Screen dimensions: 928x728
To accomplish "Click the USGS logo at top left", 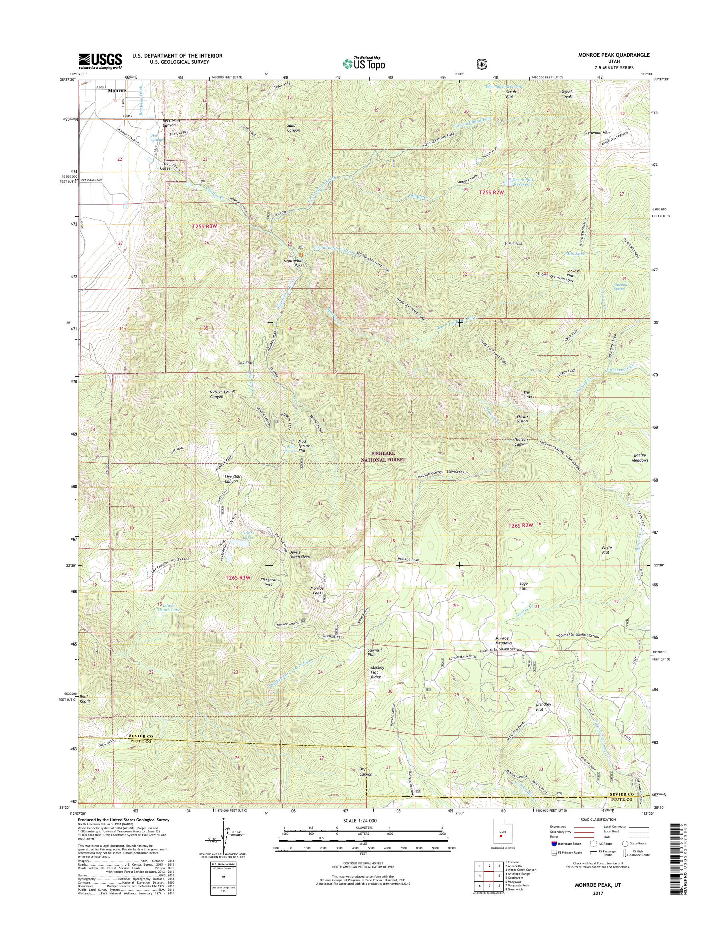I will coord(100,61).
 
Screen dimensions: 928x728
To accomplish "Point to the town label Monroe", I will coord(117,91).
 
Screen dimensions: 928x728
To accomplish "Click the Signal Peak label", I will coord(566,94).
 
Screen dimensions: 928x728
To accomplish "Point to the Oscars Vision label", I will coord(522,419).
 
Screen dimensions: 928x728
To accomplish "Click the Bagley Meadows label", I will coord(640,458).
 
